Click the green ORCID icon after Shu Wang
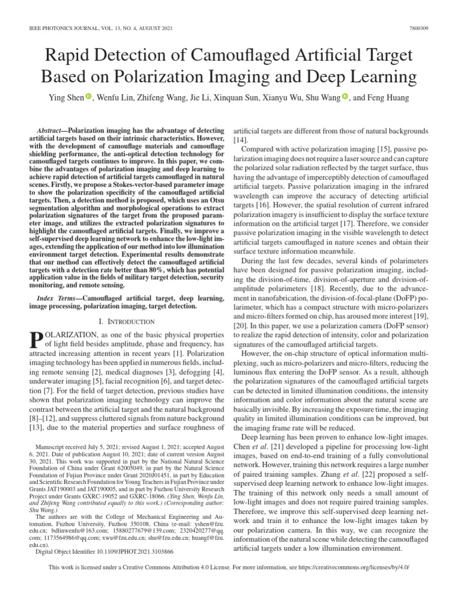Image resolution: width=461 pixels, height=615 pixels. pyautogui.click(x=346, y=97)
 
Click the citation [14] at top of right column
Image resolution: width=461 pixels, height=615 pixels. pyautogui.click(x=239, y=139)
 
